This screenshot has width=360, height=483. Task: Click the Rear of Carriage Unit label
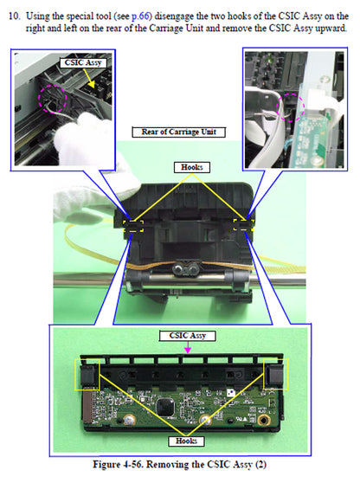pos(179,132)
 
